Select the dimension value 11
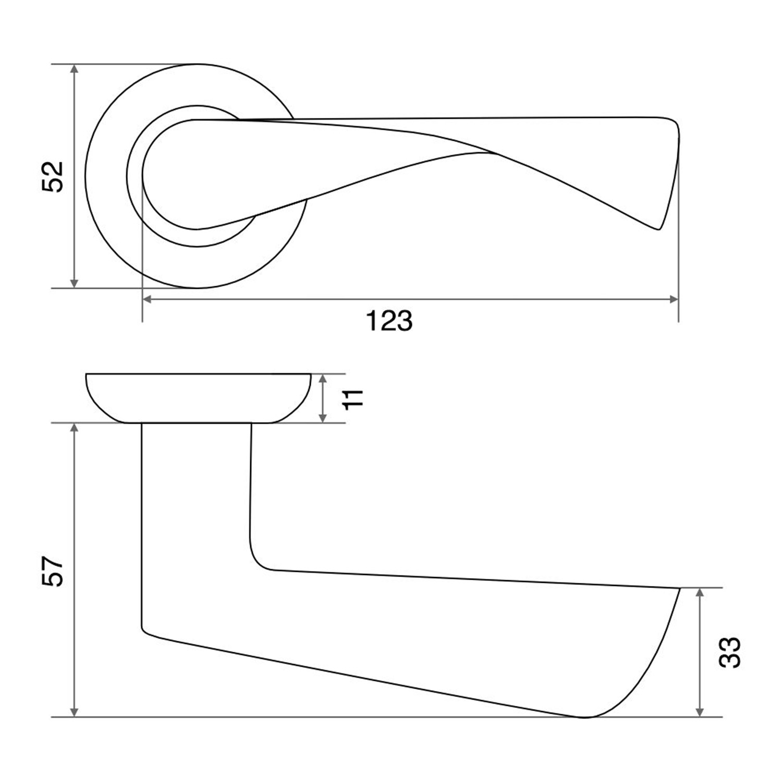(354, 398)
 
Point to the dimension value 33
(729, 652)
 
